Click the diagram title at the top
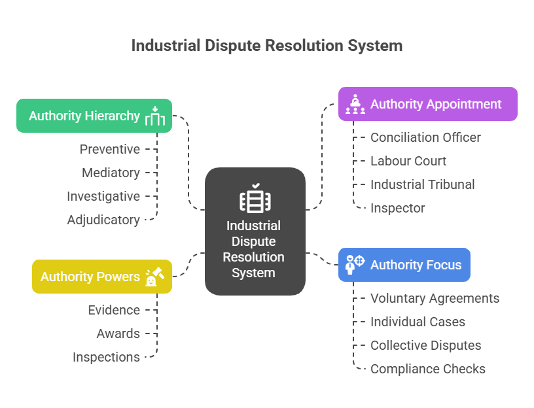click(266, 46)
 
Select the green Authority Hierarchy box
click(94, 116)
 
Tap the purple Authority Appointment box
click(427, 104)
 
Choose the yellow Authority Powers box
click(102, 277)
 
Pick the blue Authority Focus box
click(404, 265)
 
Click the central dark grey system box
click(255, 231)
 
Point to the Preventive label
click(110, 149)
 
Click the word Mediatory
click(111, 173)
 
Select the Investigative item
click(103, 196)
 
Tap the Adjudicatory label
click(103, 220)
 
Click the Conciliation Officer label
click(425, 137)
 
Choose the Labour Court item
click(408, 161)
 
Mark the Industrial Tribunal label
click(423, 184)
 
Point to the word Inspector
click(398, 208)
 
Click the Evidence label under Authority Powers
click(114, 310)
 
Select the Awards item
click(118, 333)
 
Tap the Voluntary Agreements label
click(435, 298)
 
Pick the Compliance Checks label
click(428, 369)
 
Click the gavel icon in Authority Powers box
click(154, 277)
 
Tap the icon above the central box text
click(255, 199)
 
